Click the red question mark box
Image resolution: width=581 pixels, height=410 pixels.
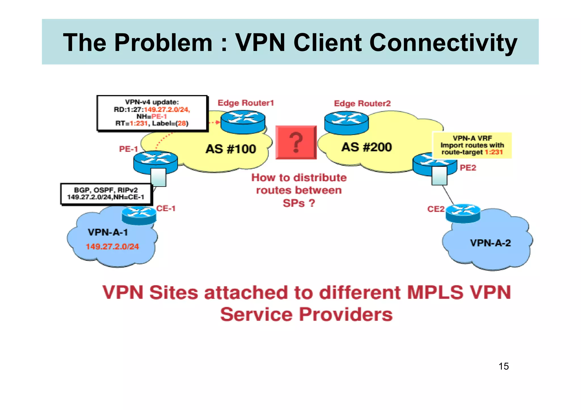pyautogui.click(x=296, y=142)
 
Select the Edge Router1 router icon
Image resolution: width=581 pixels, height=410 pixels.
pyautogui.click(x=243, y=122)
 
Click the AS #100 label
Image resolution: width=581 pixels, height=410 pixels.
pyautogui.click(x=231, y=149)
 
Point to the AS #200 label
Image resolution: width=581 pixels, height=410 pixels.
pyautogui.click(x=367, y=147)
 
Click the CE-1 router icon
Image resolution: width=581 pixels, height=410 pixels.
pyautogui.click(x=139, y=215)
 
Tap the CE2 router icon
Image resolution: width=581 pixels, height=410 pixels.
pyautogui.click(x=463, y=213)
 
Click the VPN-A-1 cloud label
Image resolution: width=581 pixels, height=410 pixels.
pyautogui.click(x=108, y=232)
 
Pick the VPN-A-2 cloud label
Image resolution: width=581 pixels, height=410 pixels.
pyautogui.click(x=490, y=243)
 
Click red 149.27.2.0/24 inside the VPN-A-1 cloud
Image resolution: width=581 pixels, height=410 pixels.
pyautogui.click(x=112, y=247)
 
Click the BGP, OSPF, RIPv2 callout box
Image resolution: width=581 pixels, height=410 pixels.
pyautogui.click(x=106, y=194)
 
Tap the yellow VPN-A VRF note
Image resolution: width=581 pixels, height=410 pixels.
pyautogui.click(x=472, y=145)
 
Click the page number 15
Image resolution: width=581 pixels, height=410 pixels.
pyautogui.click(x=504, y=366)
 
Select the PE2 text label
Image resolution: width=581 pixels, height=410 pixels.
pyautogui.click(x=468, y=168)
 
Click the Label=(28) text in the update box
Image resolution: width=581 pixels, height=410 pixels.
pyautogui.click(x=170, y=123)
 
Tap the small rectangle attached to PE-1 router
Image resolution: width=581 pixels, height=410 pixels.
pyautogui.click(x=158, y=177)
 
